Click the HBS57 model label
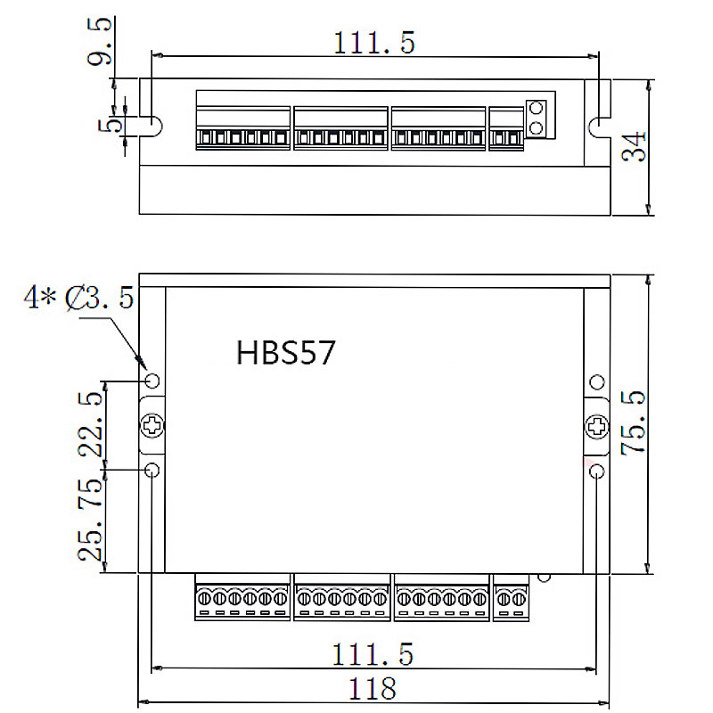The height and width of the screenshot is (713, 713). click(285, 353)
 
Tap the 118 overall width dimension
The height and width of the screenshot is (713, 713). click(373, 688)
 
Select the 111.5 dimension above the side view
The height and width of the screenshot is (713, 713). click(373, 43)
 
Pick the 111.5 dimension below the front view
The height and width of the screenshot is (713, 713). click(373, 655)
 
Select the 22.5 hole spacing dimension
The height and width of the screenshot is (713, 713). click(91, 423)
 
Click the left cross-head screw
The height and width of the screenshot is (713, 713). click(152, 426)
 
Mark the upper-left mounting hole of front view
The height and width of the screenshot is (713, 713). click(152, 381)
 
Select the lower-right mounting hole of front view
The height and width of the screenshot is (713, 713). click(597, 470)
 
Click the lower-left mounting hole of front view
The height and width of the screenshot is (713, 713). click(152, 470)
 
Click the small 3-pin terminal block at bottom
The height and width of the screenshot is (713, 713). click(511, 599)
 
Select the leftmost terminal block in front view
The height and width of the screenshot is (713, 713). click(242, 599)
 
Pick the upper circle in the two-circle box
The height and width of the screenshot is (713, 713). click(537, 109)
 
